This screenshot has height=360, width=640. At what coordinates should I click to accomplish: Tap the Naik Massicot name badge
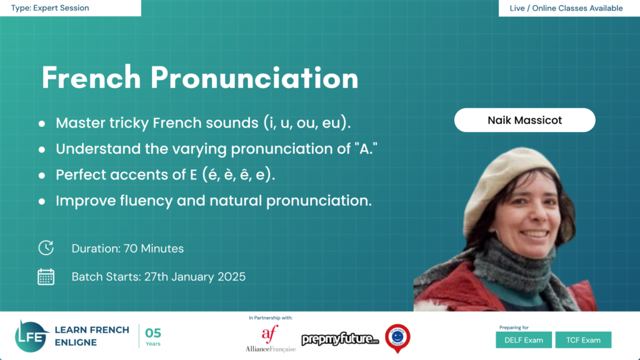[524, 120]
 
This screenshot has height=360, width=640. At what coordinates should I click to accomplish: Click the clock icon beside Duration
[46, 248]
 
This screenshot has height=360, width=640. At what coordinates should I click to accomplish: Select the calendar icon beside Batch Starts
[46, 277]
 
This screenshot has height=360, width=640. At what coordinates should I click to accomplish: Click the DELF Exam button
[524, 340]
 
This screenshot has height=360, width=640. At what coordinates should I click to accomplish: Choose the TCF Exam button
[582, 340]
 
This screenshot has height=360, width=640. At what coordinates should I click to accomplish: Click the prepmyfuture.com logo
[341, 339]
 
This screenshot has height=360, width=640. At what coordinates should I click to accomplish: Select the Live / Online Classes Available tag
[569, 8]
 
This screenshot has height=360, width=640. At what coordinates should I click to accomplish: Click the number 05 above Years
[153, 332]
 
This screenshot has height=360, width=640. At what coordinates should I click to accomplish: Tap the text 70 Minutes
[154, 248]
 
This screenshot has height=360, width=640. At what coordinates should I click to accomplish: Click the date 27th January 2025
[194, 277]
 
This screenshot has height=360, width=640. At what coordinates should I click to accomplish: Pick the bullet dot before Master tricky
[42, 124]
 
